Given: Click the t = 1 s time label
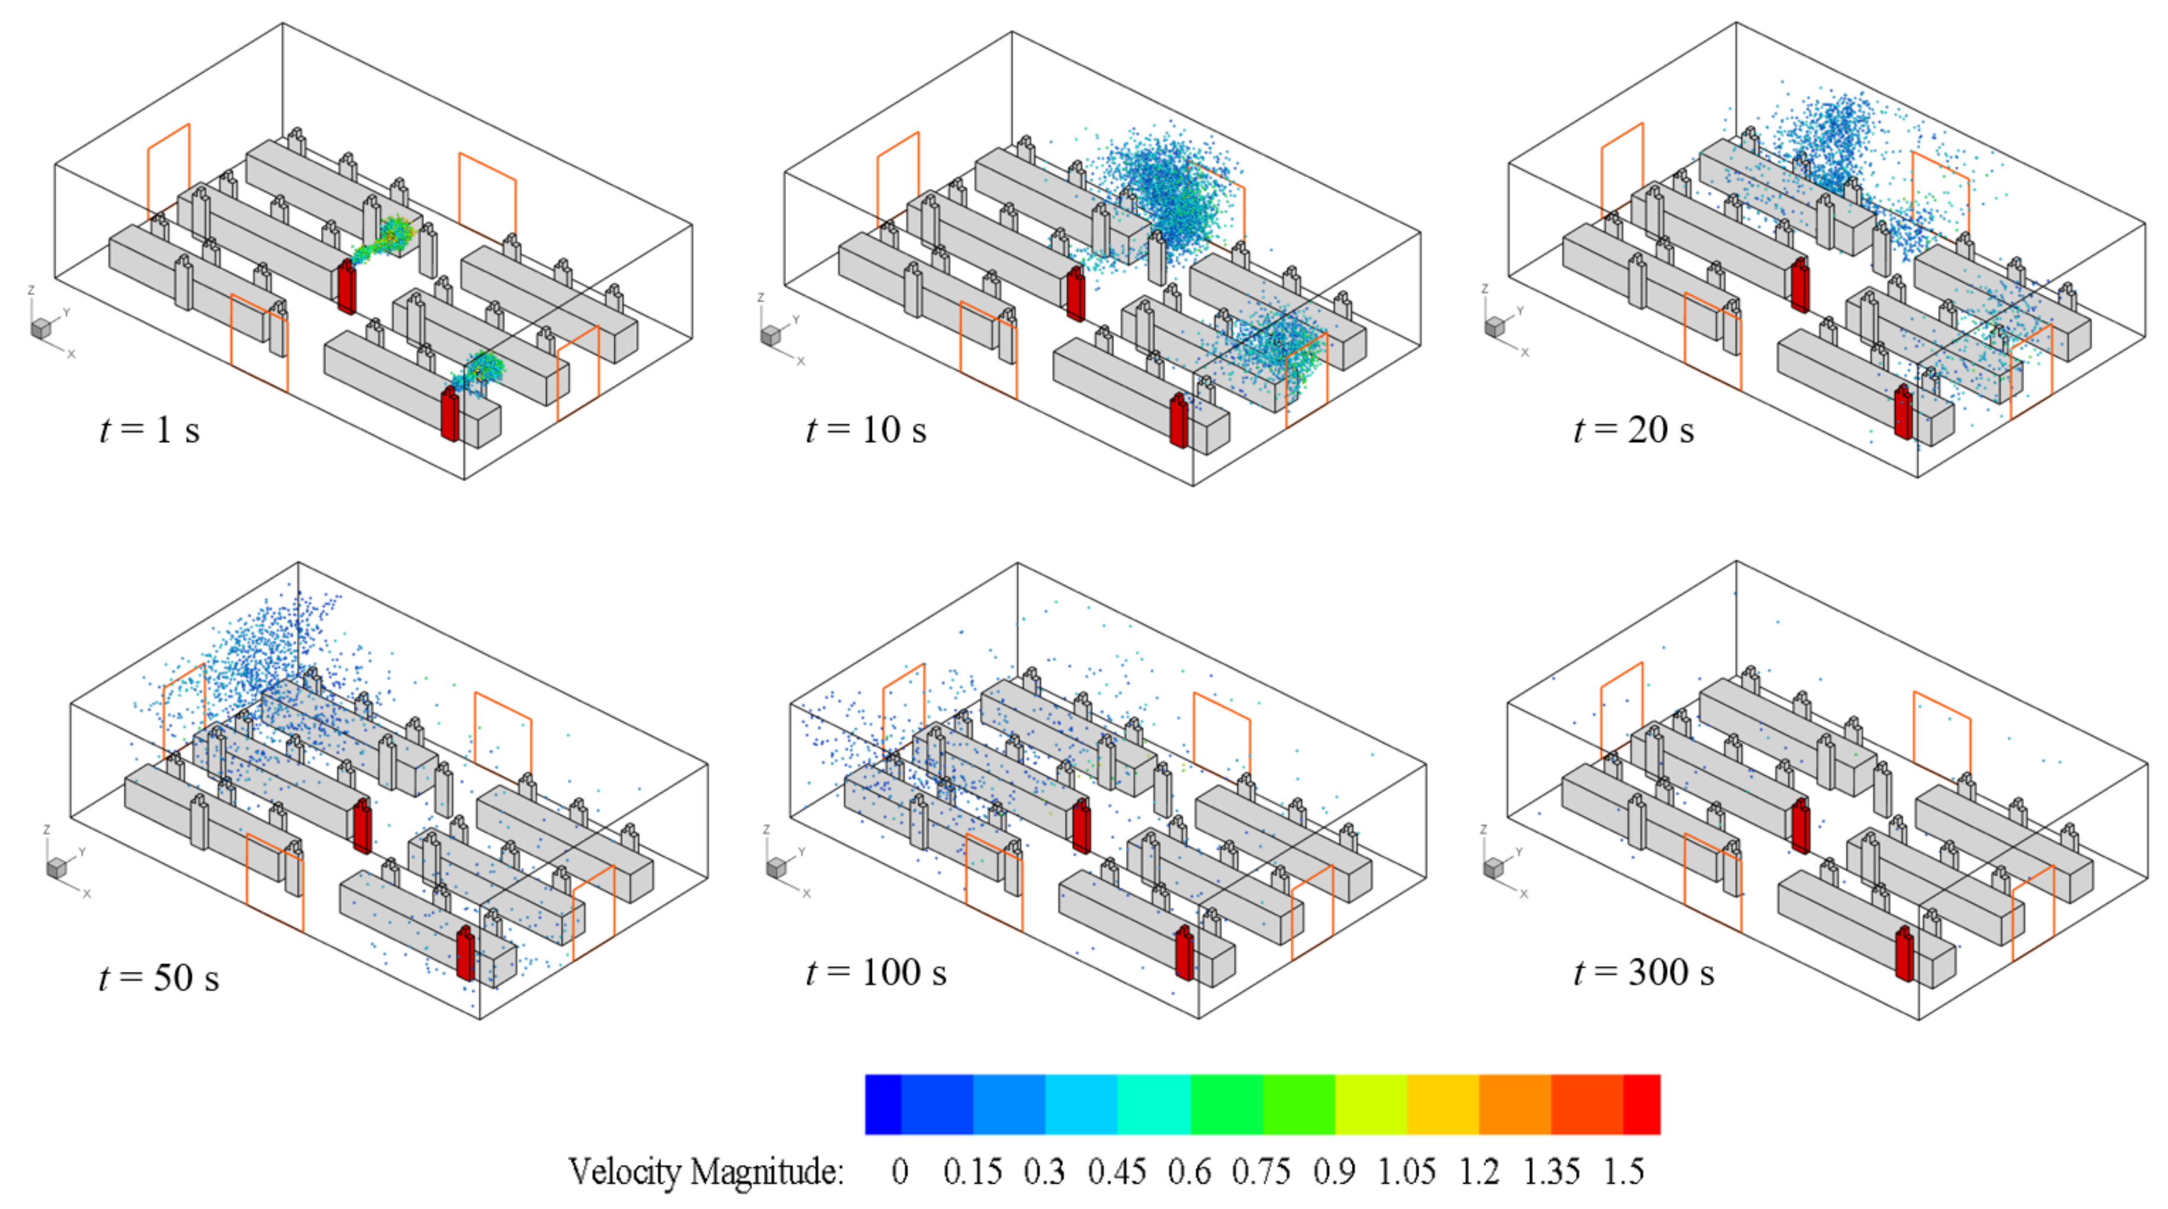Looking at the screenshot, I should point(150,430).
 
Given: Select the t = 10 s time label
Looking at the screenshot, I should point(866,430).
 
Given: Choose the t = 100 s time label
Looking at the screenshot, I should point(876,973).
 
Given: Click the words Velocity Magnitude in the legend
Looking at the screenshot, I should point(705,1171).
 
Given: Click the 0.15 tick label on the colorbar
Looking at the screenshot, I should point(972,1171).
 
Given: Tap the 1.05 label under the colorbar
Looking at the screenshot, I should point(1406,1171).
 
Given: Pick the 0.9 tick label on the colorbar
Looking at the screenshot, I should point(1334,1171).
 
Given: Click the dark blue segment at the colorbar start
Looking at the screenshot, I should point(883,1104).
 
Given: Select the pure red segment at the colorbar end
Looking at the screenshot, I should point(1641,1104).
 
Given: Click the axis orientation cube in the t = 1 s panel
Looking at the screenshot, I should point(40,328).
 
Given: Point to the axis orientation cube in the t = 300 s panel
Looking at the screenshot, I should point(1494,867).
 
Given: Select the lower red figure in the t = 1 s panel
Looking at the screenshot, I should point(450,414).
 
